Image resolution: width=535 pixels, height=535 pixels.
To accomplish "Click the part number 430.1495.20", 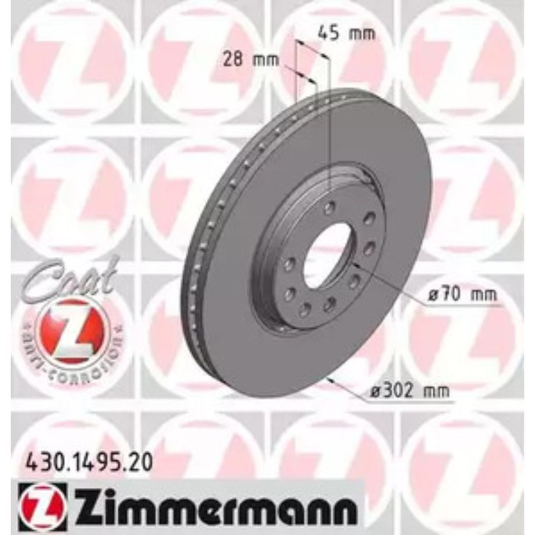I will [83, 461].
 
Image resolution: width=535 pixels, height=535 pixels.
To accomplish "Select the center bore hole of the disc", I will [327, 256].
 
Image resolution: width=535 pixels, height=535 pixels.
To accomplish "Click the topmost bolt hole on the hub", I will [329, 207].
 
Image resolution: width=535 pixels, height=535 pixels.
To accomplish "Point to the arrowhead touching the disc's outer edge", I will [329, 379].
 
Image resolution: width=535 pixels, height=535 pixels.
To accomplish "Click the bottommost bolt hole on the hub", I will [306, 310].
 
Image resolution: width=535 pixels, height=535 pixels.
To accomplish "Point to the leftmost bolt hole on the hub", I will [290, 264].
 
